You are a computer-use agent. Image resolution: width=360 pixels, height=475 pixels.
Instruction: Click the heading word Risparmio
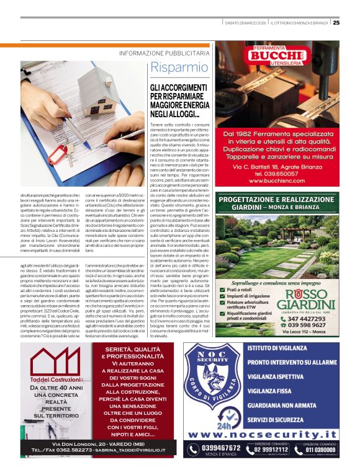pyautogui.click(x=179, y=67)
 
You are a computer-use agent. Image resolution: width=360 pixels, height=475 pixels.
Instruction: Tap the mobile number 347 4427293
pyautogui.click(x=310, y=317)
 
